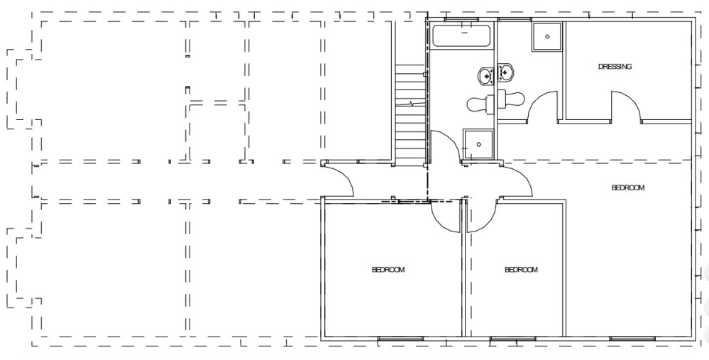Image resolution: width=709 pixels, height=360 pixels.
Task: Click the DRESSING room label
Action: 615,67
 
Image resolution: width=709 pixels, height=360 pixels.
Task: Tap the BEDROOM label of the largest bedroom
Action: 627,188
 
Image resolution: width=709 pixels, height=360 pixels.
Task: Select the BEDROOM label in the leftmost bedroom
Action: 388,270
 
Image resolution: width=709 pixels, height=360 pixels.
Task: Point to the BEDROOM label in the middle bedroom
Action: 520,270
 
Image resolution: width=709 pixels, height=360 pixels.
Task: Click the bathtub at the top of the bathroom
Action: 462,36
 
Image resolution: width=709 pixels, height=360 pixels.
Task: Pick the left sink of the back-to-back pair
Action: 488,75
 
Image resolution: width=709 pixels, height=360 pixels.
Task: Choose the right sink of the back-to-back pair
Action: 506,72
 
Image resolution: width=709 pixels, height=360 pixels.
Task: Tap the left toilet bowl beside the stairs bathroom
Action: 478,104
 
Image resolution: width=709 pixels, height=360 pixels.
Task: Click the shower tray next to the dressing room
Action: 547,36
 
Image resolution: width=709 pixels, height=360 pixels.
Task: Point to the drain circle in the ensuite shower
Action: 548,35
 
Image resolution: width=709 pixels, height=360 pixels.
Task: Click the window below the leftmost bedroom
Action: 400,339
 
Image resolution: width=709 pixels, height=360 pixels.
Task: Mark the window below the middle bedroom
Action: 512,339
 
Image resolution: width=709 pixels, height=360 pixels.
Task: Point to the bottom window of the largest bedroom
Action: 630,339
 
